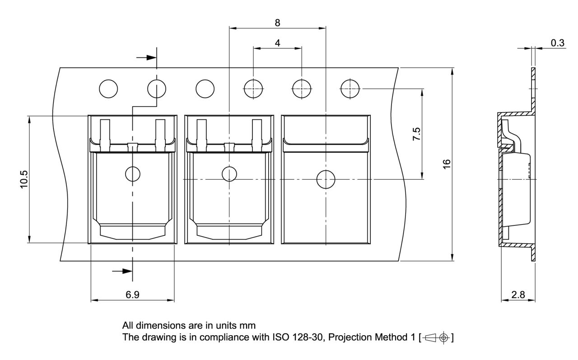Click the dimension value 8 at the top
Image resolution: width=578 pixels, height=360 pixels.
tap(277, 23)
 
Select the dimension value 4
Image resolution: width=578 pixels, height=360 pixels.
tap(277, 43)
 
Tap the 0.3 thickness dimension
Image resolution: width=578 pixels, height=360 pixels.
tap(558, 43)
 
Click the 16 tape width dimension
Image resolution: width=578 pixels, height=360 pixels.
tap(447, 164)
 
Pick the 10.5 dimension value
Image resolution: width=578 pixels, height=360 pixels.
tap(24, 179)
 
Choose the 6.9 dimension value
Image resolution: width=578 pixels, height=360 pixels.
tap(132, 295)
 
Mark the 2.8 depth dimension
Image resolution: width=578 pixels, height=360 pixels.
tap(518, 295)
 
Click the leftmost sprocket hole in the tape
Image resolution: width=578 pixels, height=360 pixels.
tap(108, 88)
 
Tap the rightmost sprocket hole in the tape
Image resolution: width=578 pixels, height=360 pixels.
tap(350, 88)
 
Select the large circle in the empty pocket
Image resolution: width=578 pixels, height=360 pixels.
tap(326, 179)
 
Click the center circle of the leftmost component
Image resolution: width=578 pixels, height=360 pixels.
tap(132, 173)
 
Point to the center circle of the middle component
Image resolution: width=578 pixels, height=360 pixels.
tap(229, 173)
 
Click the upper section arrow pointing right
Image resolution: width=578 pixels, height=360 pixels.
tap(145, 57)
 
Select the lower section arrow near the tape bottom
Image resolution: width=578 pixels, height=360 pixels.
tap(122, 271)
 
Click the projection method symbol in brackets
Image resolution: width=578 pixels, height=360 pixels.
tap(436, 337)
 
